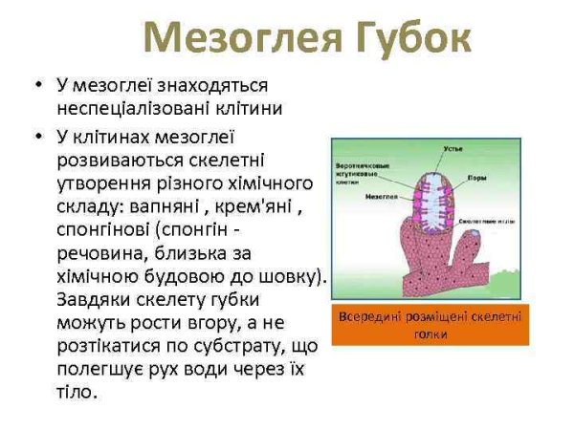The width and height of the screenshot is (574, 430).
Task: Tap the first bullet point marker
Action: pos(35,87)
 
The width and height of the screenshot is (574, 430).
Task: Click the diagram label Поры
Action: pos(476,177)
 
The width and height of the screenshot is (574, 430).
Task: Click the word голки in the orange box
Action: pos(430,334)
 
